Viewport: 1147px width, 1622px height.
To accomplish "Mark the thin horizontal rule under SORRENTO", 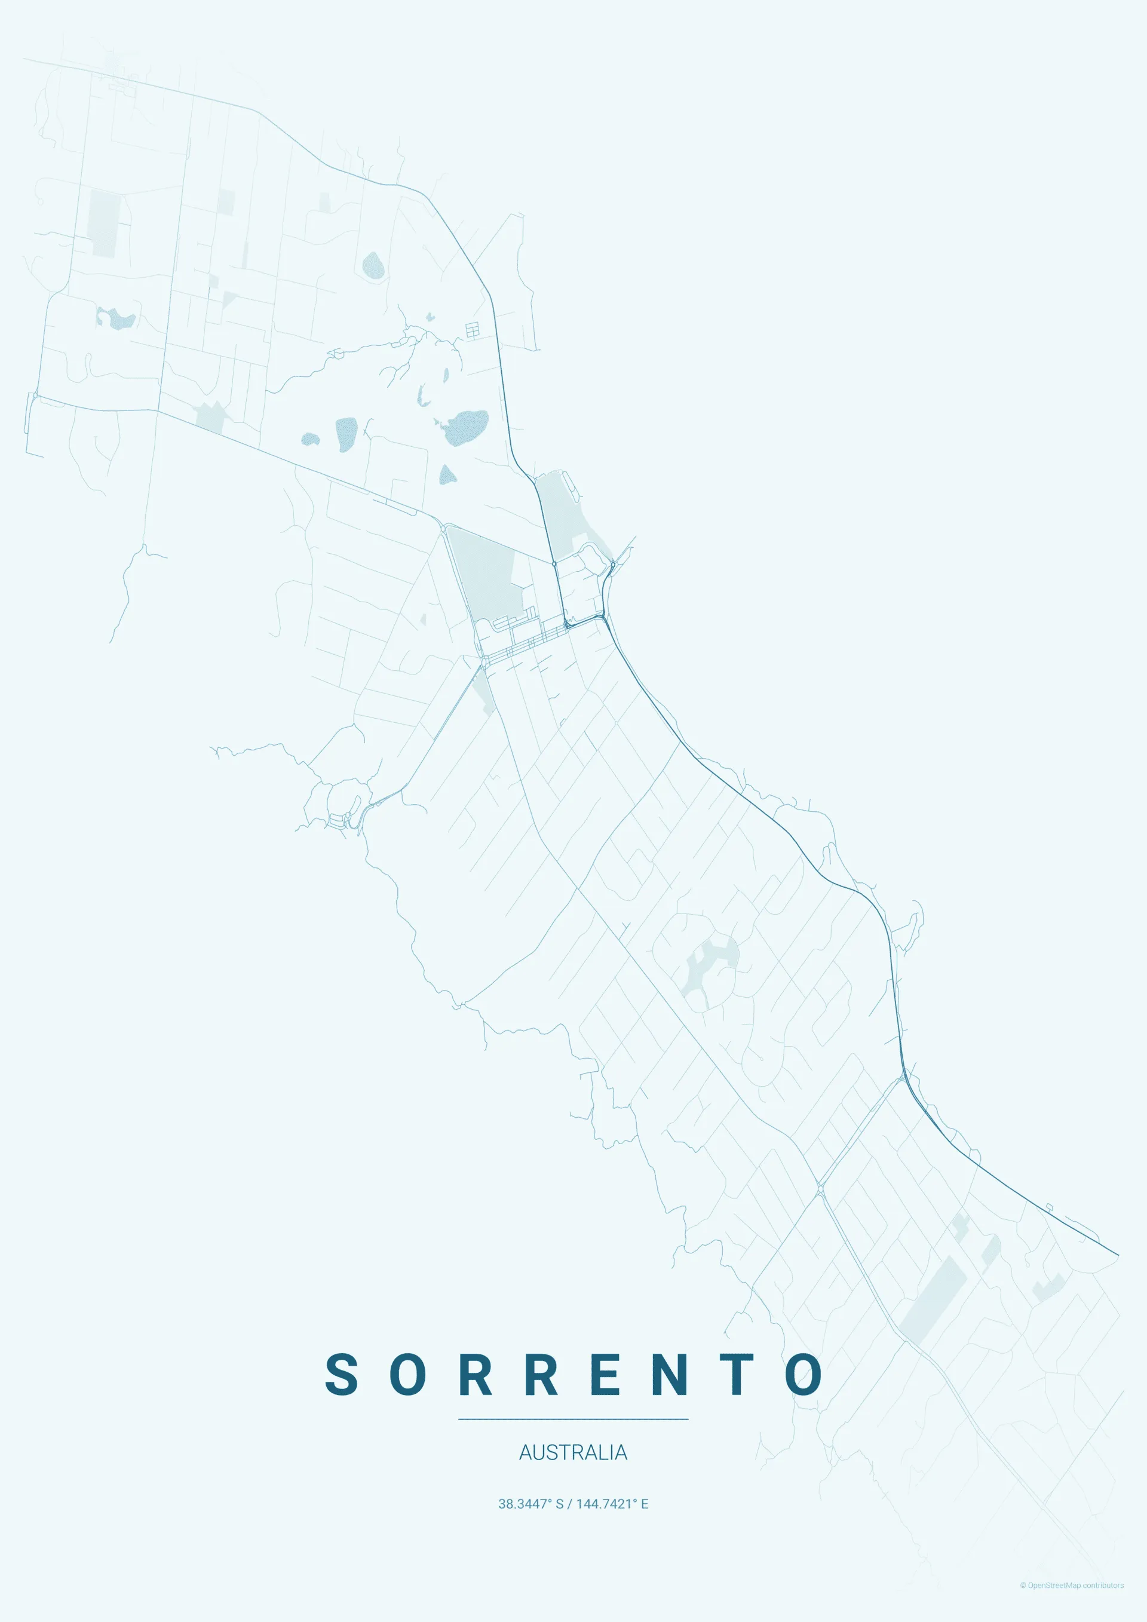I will coord(573,1418).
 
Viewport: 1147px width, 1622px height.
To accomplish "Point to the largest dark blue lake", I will coord(466,427).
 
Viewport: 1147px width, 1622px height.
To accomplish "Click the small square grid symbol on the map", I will coord(472,329).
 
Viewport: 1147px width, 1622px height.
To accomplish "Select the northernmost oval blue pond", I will coord(373,266).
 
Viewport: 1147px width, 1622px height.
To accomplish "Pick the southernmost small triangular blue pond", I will coord(446,475).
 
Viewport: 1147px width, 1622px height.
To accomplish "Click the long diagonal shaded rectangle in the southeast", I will coord(933,1301).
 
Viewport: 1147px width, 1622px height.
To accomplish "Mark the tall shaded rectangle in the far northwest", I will coord(104,222).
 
